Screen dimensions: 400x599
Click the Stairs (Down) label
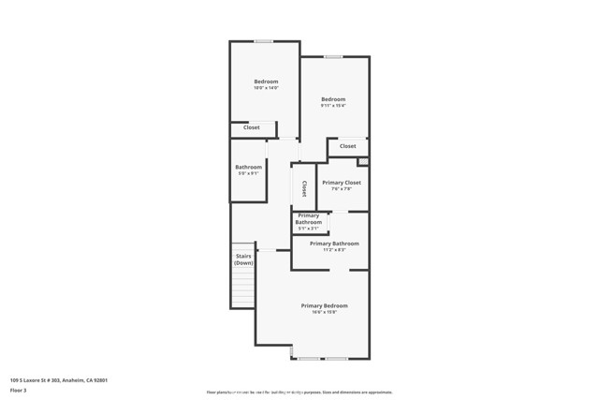click(243, 259)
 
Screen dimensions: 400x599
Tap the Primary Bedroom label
click(324, 306)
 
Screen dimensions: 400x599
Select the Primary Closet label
click(341, 183)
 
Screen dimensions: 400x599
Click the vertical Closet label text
click(303, 188)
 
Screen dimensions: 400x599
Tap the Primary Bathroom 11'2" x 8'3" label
click(334, 246)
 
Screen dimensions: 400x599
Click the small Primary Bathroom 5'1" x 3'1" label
click(308, 222)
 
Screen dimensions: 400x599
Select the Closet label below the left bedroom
click(252, 127)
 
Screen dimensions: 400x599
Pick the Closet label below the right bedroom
click(347, 146)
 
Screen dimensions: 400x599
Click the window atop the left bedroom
click(263, 41)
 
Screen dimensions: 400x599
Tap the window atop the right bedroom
click(333, 57)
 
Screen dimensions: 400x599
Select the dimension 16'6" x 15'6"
click(324, 312)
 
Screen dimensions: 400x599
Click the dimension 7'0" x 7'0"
click(341, 188)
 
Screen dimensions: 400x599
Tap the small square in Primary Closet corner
click(362, 162)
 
